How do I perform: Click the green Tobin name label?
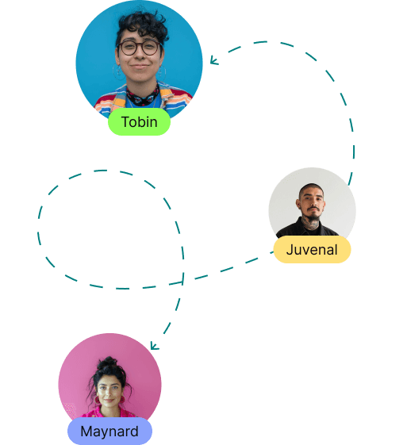point(139,121)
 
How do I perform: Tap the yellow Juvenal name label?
point(312,250)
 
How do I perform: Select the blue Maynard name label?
point(109,431)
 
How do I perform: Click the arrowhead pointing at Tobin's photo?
point(213,60)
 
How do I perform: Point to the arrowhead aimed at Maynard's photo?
point(154,346)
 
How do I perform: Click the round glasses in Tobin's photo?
point(139,48)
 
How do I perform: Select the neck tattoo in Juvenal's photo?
point(311,224)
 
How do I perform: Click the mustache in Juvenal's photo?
point(313,209)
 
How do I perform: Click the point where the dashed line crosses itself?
point(182,282)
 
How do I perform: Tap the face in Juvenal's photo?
point(312,202)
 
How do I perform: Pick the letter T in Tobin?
point(125,121)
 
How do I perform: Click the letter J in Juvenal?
point(290,250)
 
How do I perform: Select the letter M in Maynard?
point(86,431)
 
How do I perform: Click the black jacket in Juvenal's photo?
point(306,228)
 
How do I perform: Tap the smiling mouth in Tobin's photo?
point(140,67)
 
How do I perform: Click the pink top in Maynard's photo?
point(109,412)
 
